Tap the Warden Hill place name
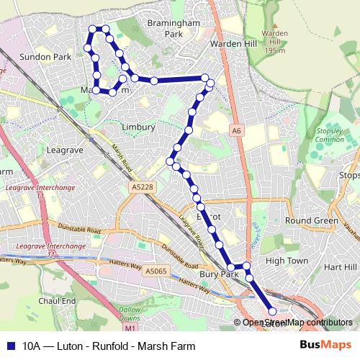click(229, 43)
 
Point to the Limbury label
click(138, 127)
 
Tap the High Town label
click(287, 261)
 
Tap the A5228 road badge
click(143, 187)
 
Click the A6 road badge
click(235, 130)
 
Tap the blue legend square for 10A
click(10, 346)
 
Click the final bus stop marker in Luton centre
click(272, 311)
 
